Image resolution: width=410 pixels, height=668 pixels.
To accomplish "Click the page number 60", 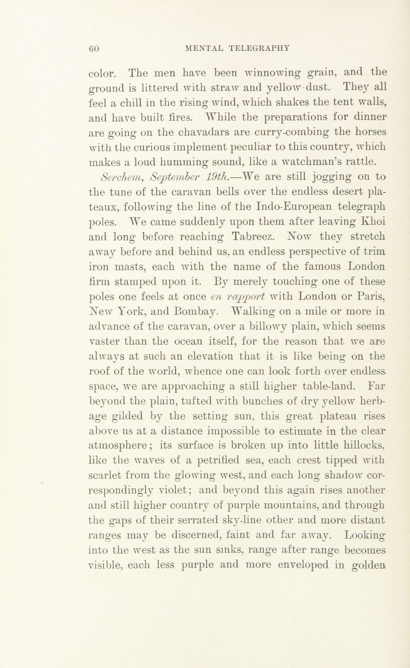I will click(x=93, y=49).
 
